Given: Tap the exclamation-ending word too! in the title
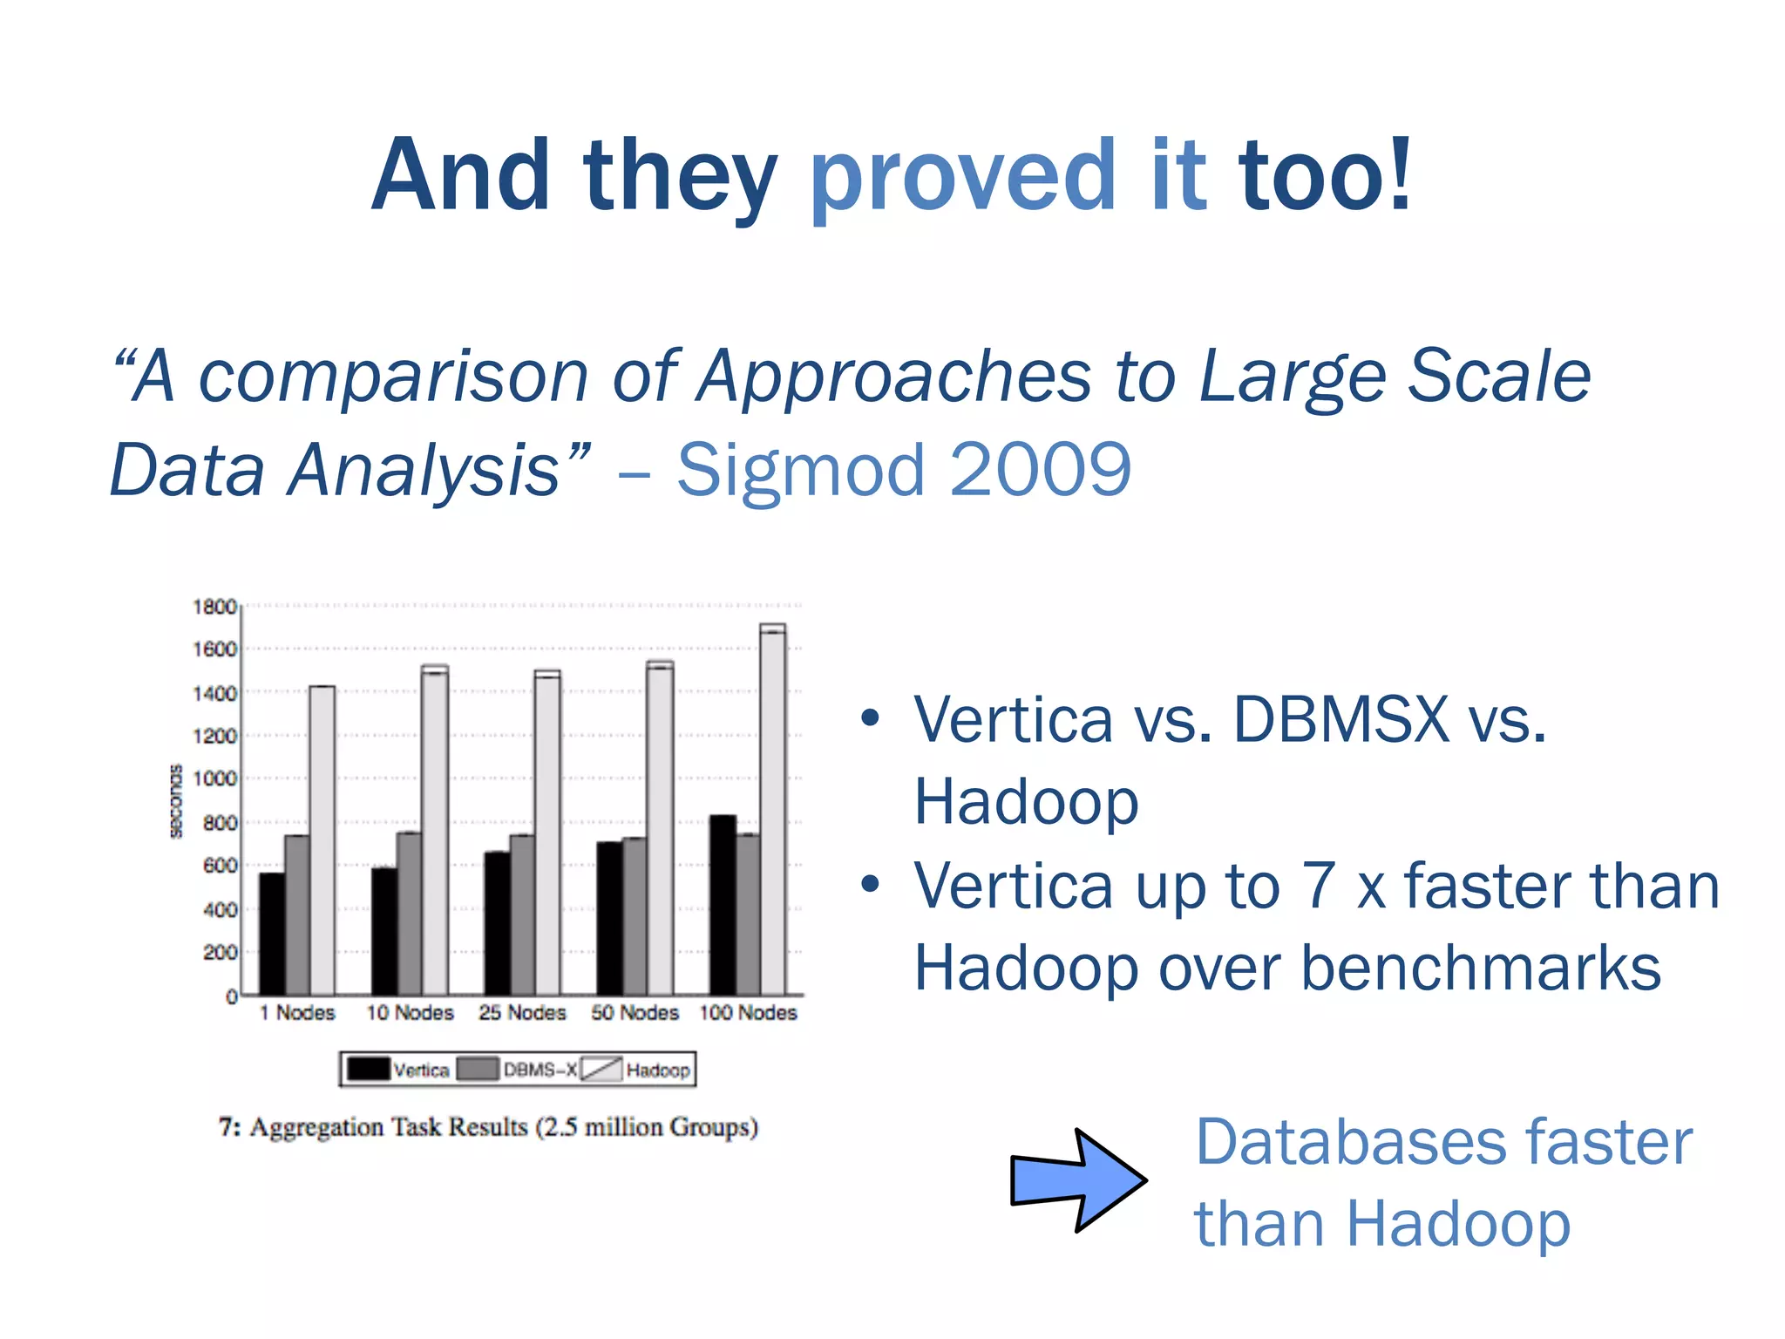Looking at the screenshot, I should point(1326,177).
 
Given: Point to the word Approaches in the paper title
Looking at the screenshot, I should point(893,377).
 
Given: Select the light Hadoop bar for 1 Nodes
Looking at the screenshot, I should point(322,840).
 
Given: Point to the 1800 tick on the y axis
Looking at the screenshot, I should point(214,607).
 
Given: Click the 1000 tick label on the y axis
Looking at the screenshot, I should point(214,778).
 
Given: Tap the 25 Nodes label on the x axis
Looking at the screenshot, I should point(522,1013).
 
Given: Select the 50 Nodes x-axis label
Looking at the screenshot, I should point(635,1013).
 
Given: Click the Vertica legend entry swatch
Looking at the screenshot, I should point(368,1069).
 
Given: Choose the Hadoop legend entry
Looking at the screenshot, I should point(657,1070).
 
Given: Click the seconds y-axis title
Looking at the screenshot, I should point(177,801).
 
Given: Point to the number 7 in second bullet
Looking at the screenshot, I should point(1319,886).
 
